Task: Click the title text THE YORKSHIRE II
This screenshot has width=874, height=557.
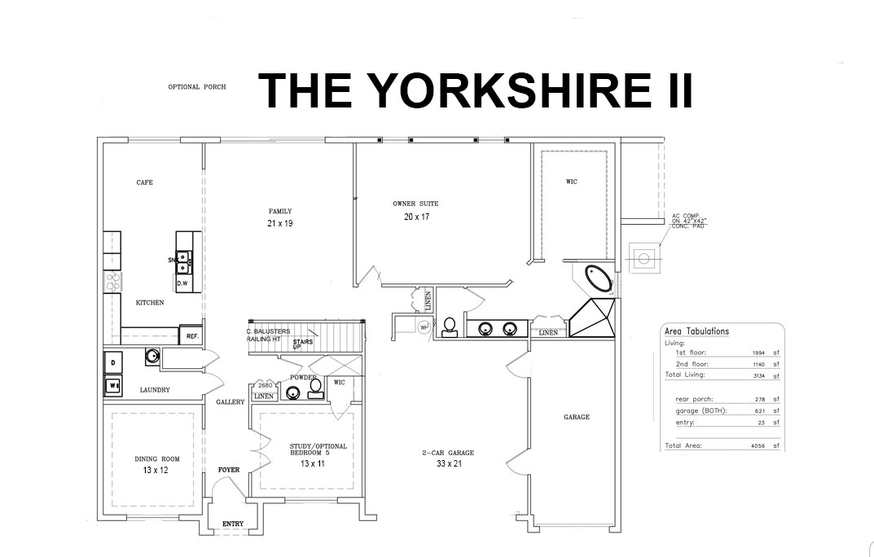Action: (x=475, y=90)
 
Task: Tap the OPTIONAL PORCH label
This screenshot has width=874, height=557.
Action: (x=196, y=87)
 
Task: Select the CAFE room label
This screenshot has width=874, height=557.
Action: (x=144, y=182)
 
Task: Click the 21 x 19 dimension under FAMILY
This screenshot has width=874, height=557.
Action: (x=279, y=223)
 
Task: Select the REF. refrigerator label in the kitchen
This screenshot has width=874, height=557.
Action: (x=192, y=336)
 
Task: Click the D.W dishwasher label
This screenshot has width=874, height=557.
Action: (x=182, y=283)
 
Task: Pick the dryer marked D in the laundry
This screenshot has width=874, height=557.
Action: (x=112, y=362)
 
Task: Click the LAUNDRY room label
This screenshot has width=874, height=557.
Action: (x=155, y=390)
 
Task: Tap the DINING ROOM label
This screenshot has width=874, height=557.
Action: (x=157, y=459)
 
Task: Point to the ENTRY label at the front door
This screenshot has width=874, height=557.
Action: (x=233, y=524)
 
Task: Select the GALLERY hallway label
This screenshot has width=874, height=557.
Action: (x=231, y=402)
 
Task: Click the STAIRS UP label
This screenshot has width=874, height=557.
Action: (x=303, y=344)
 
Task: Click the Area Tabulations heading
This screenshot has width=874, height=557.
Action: (x=696, y=331)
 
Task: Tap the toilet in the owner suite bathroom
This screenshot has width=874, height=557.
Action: (x=448, y=327)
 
